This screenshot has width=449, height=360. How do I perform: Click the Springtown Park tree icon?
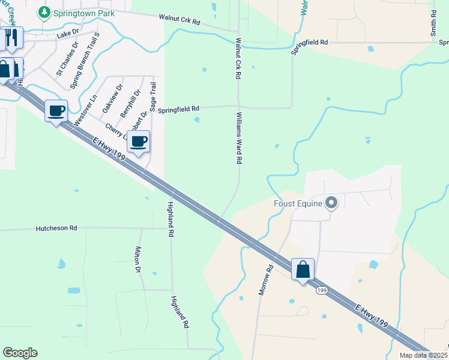pyautogui.click(x=43, y=12)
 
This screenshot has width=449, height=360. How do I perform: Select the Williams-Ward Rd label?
pyautogui.click(x=239, y=137)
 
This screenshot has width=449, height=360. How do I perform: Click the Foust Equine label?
pyautogui.click(x=298, y=203)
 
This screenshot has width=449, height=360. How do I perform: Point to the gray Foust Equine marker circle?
pyautogui.click(x=331, y=203)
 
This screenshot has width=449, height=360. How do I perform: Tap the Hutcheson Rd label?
pyautogui.click(x=57, y=228)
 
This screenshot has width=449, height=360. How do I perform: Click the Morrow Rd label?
pyautogui.click(x=266, y=280)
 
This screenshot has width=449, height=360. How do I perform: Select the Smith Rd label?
pyautogui.click(x=433, y=23)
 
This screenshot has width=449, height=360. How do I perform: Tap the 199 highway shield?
pyautogui.click(x=322, y=290)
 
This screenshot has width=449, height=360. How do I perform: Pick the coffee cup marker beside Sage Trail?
pyautogui.click(x=138, y=142)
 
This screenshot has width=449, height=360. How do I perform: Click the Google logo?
pyautogui.click(x=20, y=353)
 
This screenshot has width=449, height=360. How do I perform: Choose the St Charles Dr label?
pyautogui.click(x=67, y=58)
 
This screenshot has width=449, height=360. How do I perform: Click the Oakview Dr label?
pyautogui.click(x=112, y=98)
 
